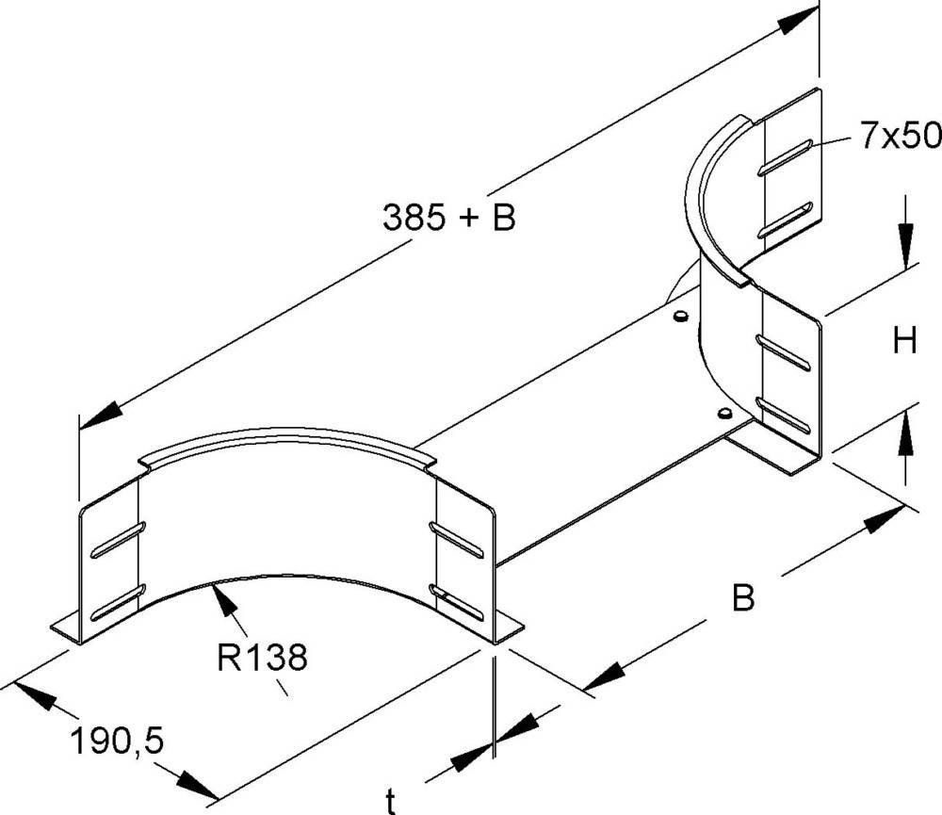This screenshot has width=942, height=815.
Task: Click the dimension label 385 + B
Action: (x=448, y=219)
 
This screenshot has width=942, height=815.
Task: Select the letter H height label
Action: (x=905, y=341)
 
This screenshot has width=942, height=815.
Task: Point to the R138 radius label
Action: (x=262, y=657)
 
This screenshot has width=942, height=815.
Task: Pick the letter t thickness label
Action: (x=390, y=802)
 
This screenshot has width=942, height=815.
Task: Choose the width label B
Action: (x=743, y=599)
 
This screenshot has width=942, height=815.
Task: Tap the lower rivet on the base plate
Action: (x=723, y=414)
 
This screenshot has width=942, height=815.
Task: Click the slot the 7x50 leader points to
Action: (x=784, y=157)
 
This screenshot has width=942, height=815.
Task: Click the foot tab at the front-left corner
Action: (x=64, y=628)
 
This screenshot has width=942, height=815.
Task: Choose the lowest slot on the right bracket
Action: (x=784, y=415)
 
